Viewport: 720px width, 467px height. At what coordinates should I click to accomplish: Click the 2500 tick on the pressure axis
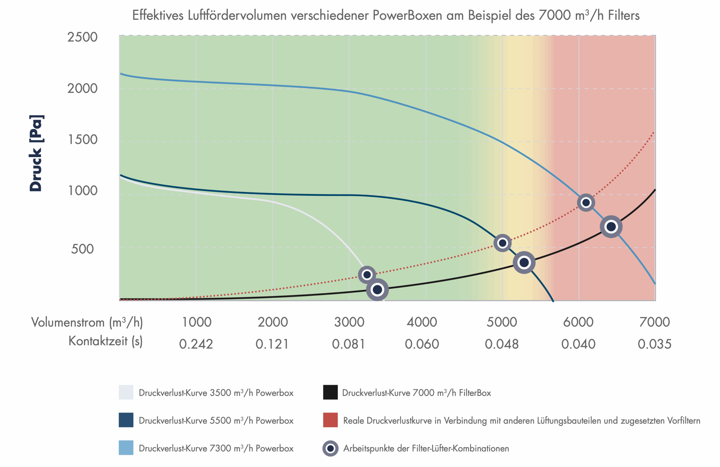tap(82, 37)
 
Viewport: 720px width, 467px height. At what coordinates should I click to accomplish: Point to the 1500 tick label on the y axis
tap(82, 139)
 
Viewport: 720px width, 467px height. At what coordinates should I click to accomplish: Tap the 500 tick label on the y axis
tap(82, 249)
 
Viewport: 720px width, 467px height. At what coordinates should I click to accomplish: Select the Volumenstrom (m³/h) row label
tap(87, 322)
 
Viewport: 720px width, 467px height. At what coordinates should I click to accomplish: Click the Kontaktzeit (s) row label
tap(105, 341)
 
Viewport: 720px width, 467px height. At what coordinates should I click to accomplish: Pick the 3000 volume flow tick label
tap(349, 322)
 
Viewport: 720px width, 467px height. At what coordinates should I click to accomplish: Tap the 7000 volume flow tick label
tap(654, 322)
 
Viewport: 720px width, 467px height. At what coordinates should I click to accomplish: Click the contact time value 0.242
tap(196, 344)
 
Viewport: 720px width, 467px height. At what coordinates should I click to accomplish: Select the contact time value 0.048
tap(501, 344)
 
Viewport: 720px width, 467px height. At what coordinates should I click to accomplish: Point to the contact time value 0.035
tap(654, 344)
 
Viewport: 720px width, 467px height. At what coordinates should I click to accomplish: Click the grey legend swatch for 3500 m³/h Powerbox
tap(126, 392)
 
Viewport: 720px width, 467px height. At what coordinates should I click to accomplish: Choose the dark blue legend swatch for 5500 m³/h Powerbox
tap(126, 420)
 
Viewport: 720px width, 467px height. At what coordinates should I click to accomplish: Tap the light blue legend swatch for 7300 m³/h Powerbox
tap(126, 448)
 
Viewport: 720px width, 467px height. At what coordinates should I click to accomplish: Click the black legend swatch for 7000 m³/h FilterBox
tap(330, 392)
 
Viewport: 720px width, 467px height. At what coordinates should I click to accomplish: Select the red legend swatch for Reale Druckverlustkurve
tap(330, 420)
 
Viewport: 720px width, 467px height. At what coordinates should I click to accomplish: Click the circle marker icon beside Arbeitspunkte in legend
tap(330, 448)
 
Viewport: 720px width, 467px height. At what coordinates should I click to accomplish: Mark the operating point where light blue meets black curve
tap(611, 227)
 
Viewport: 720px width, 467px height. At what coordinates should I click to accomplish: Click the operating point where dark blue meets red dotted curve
tap(503, 243)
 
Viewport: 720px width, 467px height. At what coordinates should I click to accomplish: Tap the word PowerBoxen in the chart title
tap(407, 15)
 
